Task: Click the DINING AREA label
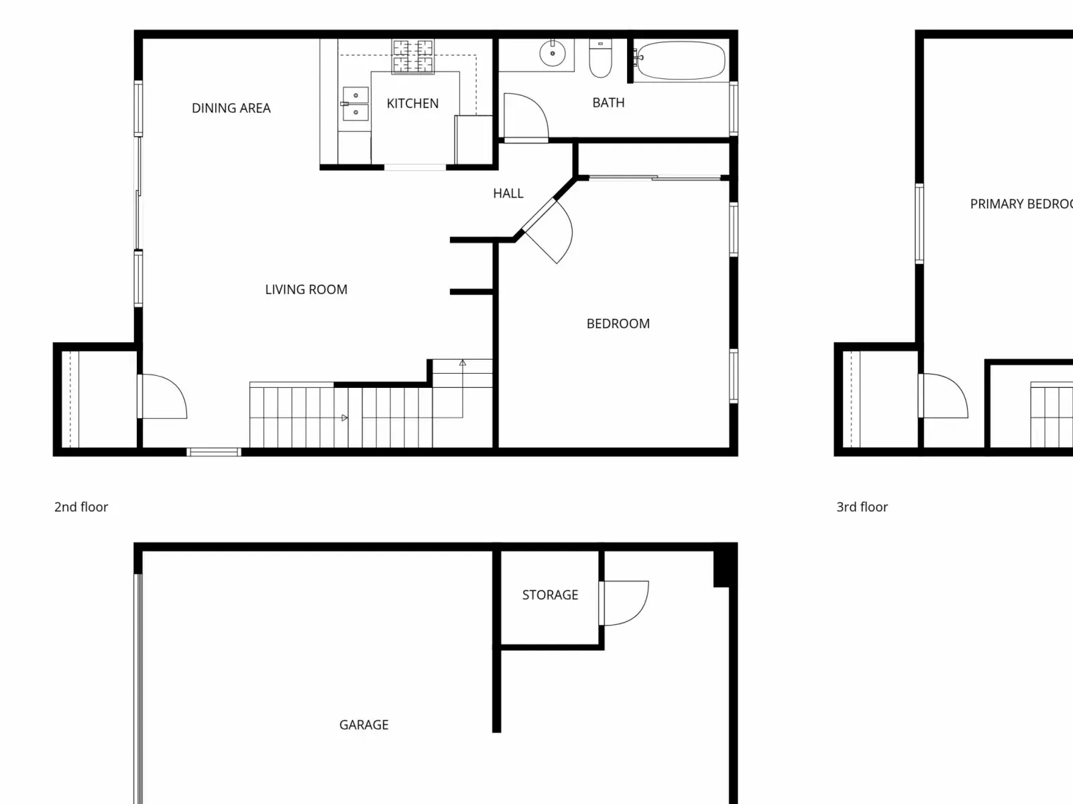point(231,108)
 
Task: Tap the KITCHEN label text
point(412,103)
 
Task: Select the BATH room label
point(608,103)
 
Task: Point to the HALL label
point(508,194)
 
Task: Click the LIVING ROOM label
point(306,289)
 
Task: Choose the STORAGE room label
point(550,594)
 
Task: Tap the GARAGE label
point(363,724)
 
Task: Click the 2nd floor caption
point(81,507)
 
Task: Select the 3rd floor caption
point(862,507)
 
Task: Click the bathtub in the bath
point(681,60)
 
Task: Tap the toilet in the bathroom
point(600,58)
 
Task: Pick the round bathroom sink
point(553,53)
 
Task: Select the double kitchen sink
point(355,103)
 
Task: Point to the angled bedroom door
point(547,232)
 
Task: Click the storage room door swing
point(624,603)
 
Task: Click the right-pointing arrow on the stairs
point(345,418)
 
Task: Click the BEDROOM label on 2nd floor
point(618,324)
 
